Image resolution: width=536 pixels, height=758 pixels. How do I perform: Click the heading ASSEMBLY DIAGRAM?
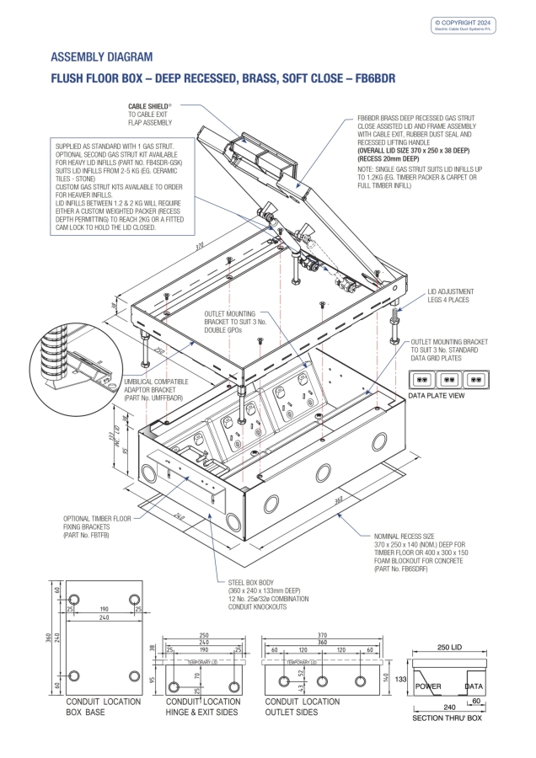click(x=102, y=57)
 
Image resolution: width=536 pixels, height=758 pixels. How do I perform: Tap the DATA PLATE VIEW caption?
click(x=437, y=394)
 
